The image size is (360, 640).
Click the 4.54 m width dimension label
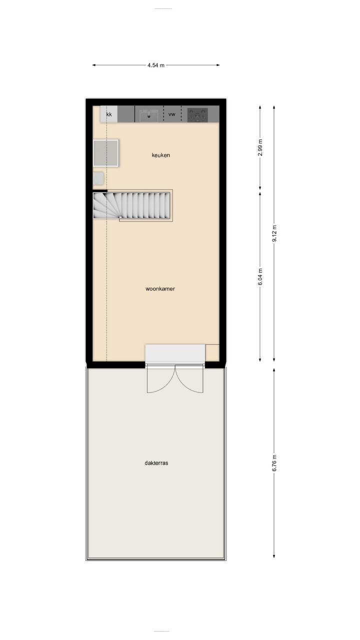pyautogui.click(x=156, y=65)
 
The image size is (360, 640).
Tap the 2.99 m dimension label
pyautogui.click(x=260, y=147)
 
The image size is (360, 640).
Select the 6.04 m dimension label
pyautogui.click(x=260, y=277)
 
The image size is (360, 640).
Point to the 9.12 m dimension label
pyautogui.click(x=274, y=233)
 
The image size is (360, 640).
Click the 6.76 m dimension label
pyautogui.click(x=274, y=462)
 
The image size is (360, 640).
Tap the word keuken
pyautogui.click(x=161, y=155)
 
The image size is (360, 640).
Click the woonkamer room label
pyautogui.click(x=160, y=288)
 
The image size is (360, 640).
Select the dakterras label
pyautogui.click(x=156, y=463)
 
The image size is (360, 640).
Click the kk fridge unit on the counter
pyautogui.click(x=108, y=114)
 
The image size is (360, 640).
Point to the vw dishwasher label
pyautogui.click(x=171, y=114)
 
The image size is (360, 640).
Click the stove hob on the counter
pyautogui.click(x=197, y=114)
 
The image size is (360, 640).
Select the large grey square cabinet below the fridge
pyautogui.click(x=105, y=153)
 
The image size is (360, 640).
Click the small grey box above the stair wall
pyautogui.click(x=98, y=178)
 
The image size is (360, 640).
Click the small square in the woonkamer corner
pyautogui.click(x=212, y=352)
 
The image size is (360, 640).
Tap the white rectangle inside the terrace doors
pyautogui.click(x=175, y=353)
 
